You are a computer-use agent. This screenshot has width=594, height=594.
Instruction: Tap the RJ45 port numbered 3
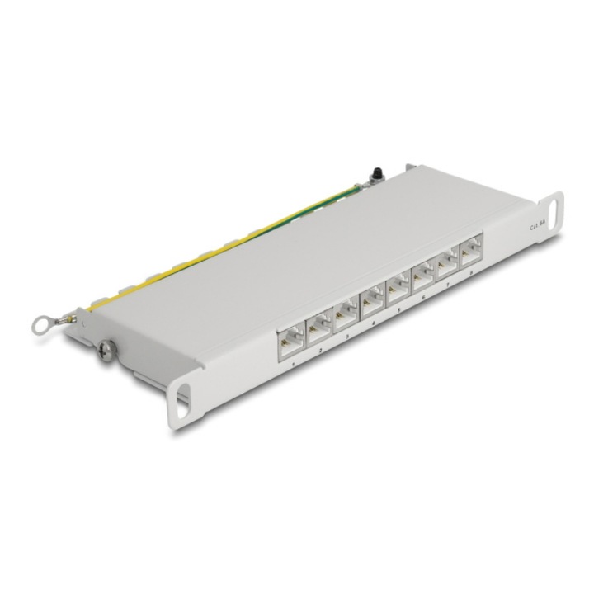pos(345,316)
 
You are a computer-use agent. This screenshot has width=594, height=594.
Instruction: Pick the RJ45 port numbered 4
pos(371,300)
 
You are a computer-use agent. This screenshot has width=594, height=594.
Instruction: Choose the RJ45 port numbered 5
pos(397,286)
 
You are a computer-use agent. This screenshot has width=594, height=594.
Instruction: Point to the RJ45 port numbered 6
pos(423,273)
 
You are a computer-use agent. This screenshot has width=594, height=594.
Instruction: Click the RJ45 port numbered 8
pos(472,247)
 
